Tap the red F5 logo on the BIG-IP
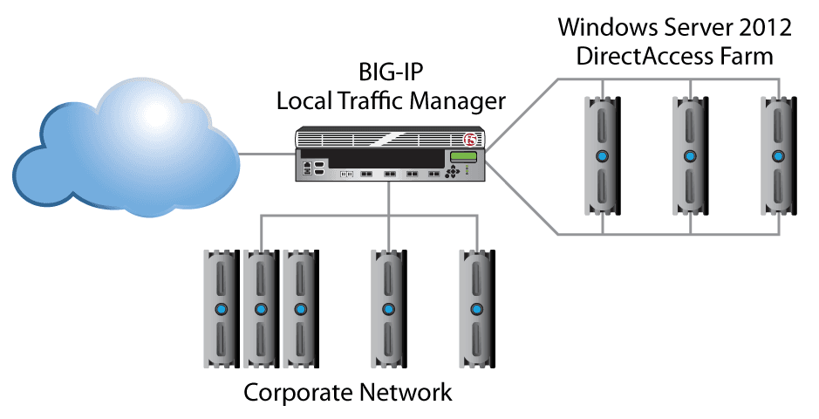[471, 140]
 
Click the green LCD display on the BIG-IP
[461, 158]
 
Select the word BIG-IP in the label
[391, 72]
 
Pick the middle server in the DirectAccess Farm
[690, 157]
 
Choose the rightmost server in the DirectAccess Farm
[777, 157]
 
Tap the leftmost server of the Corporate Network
[221, 309]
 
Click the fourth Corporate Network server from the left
[387, 309]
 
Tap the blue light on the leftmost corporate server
[221, 309]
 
